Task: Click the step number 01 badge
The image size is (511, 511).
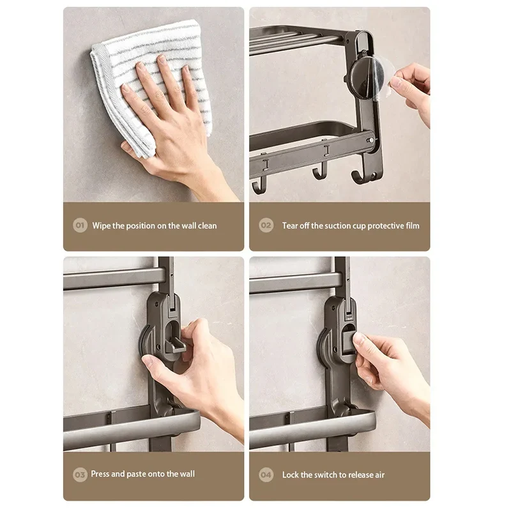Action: pos(80,225)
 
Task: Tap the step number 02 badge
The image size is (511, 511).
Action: pos(266,225)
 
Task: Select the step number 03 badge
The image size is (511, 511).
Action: pos(80,474)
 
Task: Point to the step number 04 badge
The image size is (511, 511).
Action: pos(266,475)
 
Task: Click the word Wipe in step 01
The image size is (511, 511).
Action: pos(102,225)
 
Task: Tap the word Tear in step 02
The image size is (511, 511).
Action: pos(290,225)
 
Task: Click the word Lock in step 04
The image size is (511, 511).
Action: pos(290,475)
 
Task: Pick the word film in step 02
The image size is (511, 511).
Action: pos(412,225)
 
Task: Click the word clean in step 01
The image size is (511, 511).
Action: pos(206,225)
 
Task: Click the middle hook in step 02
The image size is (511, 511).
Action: pos(317,171)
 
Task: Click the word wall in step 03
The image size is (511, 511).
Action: pos(185,474)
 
